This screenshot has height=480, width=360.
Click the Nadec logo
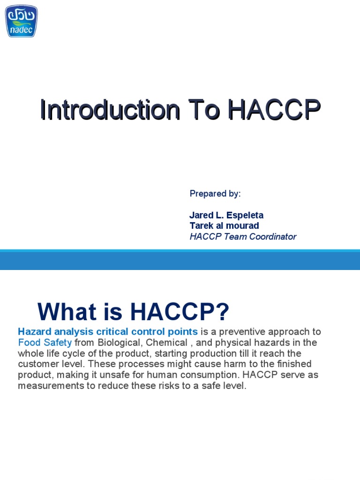pyautogui.click(x=21, y=21)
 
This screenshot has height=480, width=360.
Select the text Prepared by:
pyautogui.click(x=215, y=194)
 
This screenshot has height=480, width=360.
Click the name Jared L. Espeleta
pyautogui.click(x=226, y=215)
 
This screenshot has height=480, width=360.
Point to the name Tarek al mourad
pyautogui.click(x=224, y=226)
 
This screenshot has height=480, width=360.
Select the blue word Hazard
pyautogui.click(x=33, y=332)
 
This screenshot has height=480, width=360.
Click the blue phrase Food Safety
pyautogui.click(x=45, y=343)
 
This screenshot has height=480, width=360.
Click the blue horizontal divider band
pyautogui.click(x=180, y=260)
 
